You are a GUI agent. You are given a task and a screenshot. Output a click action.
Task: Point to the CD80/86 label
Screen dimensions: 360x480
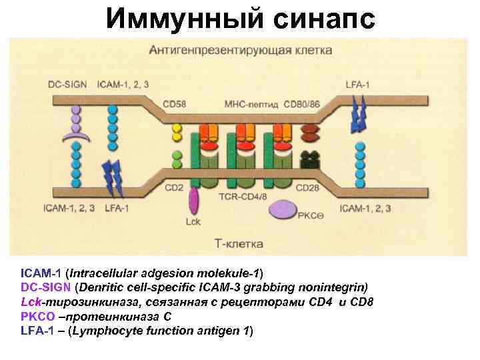click(301, 104)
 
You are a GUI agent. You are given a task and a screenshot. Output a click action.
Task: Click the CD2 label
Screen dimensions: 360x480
click(173, 187)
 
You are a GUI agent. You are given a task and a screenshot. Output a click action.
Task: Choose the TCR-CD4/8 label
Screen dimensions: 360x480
click(243, 197)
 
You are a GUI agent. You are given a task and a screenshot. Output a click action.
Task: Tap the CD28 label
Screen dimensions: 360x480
click(309, 187)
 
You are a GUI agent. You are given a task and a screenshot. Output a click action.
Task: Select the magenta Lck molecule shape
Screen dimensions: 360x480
click(194, 200)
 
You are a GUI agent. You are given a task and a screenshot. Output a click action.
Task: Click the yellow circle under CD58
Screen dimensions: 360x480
click(177, 127)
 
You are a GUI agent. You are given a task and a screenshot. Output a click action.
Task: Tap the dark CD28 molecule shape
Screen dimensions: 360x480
click(310, 160)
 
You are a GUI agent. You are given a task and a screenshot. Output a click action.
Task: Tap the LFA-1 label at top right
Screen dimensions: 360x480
click(358, 85)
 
